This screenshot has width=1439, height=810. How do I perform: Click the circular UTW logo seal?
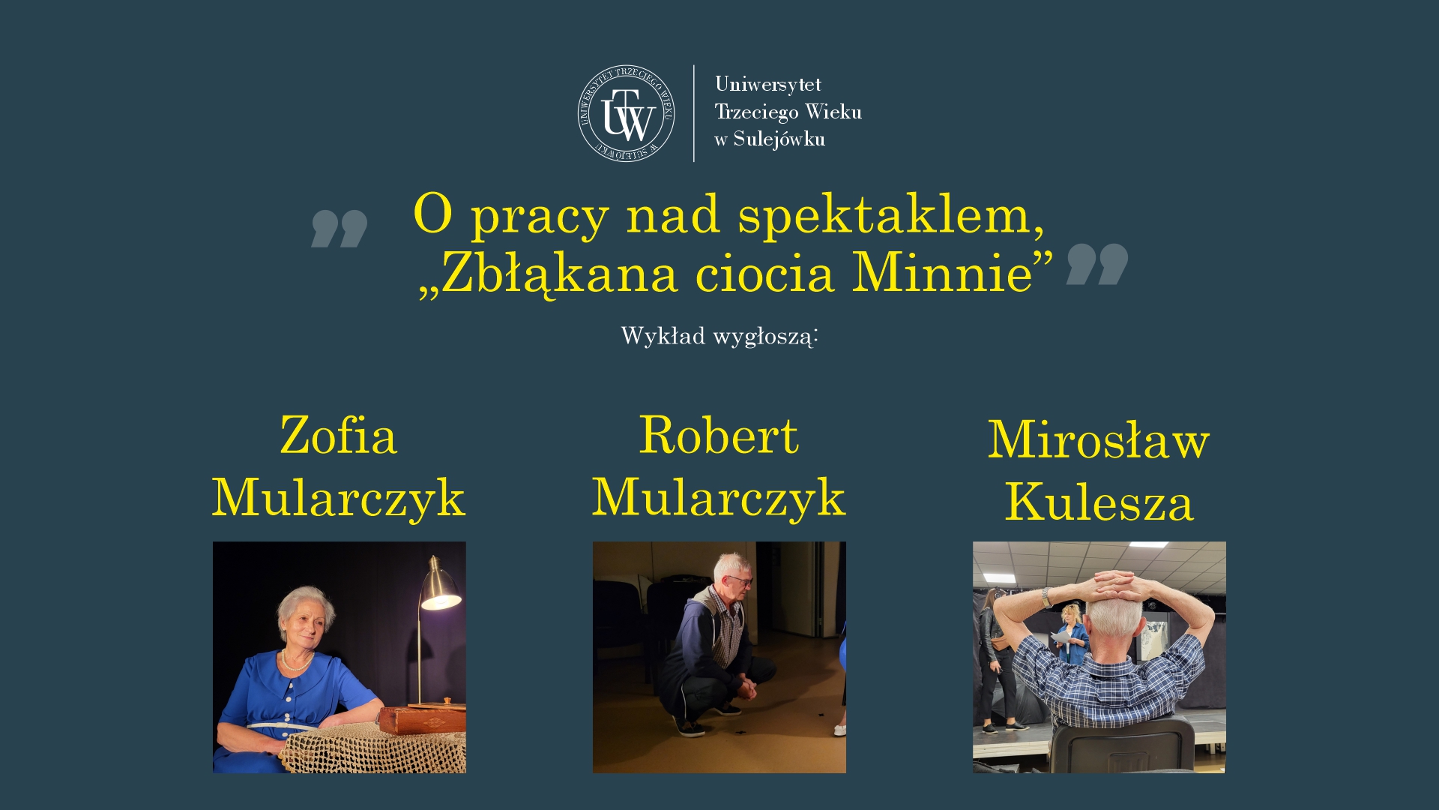pos(626,113)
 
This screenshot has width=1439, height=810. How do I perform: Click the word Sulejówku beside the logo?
pos(779,139)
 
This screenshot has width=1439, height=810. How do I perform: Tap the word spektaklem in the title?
pos(891,216)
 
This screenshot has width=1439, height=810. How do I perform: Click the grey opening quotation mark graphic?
pos(340,229)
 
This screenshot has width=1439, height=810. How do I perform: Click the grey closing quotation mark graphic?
pos(1097,264)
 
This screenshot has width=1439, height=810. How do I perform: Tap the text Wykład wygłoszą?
pos(719,336)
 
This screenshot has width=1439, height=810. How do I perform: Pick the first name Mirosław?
pos(1099,439)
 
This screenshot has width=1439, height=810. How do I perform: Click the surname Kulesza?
pos(1099,502)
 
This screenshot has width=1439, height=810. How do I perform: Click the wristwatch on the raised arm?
pos(1047,597)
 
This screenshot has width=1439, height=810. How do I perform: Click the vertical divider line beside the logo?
pos(694,113)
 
